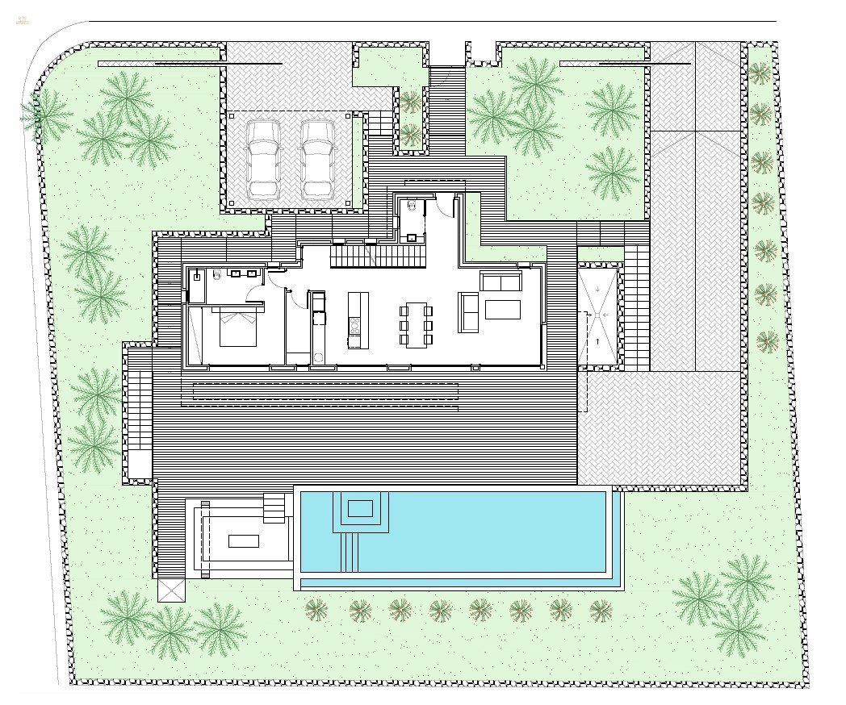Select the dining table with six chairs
tap(416, 324)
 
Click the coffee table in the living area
tap(502, 310)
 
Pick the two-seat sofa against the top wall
tap(500, 282)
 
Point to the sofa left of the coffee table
tap(467, 311)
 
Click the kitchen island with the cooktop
tap(354, 320)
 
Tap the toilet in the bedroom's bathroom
tap(216, 274)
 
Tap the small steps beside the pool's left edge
tap(275, 507)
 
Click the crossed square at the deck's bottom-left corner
tap(172, 590)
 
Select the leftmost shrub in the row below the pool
tap(316, 610)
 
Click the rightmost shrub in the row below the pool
tap(601, 611)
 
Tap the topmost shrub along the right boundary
tap(759, 74)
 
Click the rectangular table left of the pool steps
tap(243, 540)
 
